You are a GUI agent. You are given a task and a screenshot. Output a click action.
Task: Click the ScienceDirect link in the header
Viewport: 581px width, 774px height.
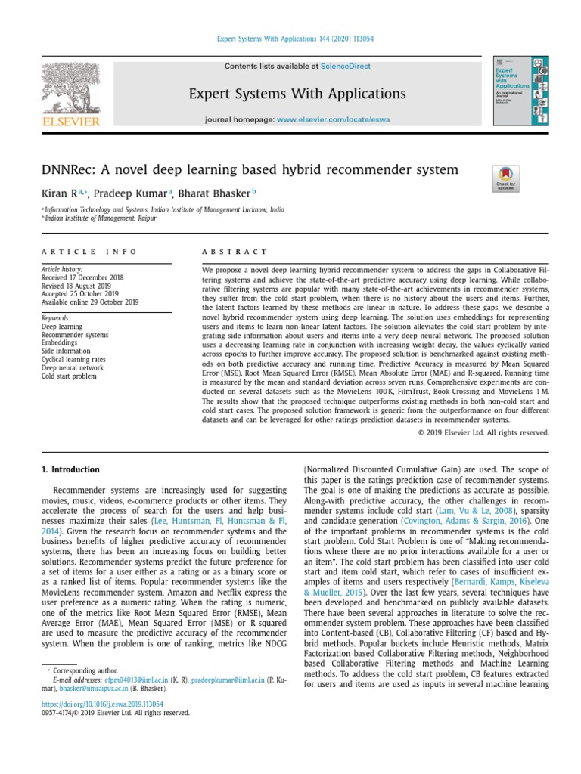point(345,67)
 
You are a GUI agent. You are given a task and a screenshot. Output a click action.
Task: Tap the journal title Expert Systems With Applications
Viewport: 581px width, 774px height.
point(297,94)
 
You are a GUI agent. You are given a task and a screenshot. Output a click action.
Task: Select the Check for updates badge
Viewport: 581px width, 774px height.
point(505,178)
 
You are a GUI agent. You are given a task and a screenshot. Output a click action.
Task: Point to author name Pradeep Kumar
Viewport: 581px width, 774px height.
point(125,193)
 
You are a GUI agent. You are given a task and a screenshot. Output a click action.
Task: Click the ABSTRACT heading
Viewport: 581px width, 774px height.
point(234,252)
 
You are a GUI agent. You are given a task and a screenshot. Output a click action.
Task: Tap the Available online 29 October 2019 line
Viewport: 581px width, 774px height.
point(90,302)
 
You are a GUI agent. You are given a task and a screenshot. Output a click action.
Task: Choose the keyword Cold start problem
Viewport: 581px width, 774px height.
point(69,376)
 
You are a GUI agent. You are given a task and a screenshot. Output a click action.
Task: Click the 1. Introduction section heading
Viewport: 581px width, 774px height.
point(70,469)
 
